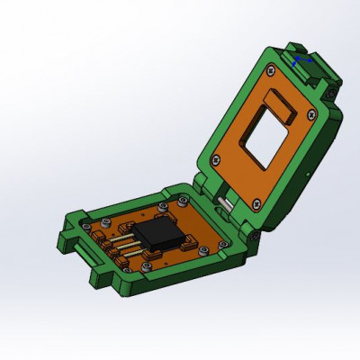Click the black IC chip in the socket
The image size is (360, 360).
(163, 236)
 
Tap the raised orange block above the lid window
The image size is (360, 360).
(283, 102)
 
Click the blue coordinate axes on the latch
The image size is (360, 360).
(300, 60)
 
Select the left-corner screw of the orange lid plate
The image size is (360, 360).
(215, 161)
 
